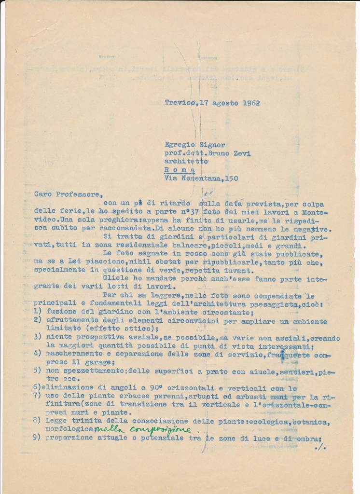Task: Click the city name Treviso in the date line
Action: click(x=180, y=103)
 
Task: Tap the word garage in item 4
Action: click(x=112, y=363)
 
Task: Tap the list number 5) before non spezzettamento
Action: click(x=39, y=371)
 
